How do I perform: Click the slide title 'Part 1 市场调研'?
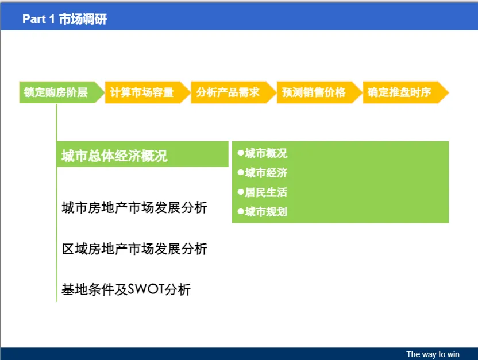[64, 19]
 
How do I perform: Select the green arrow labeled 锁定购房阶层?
[61, 92]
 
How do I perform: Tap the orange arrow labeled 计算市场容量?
[148, 92]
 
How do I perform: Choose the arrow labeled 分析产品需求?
[233, 92]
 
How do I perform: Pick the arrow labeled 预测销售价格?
[319, 92]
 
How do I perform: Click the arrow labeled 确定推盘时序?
[406, 92]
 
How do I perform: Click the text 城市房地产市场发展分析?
[134, 208]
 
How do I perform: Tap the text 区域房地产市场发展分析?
[134, 249]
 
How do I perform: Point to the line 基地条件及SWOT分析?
[126, 289]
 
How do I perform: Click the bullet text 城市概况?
[266, 153]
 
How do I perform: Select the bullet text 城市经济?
[266, 173]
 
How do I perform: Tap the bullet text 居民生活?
[266, 192]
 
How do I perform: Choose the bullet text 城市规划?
[266, 212]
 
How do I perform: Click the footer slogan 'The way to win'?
[433, 354]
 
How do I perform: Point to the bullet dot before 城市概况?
[241, 153]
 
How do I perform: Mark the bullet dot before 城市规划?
[241, 211]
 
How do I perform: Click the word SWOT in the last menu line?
[146, 289]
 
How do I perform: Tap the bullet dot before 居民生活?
[241, 192]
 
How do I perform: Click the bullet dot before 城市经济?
[241, 172]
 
